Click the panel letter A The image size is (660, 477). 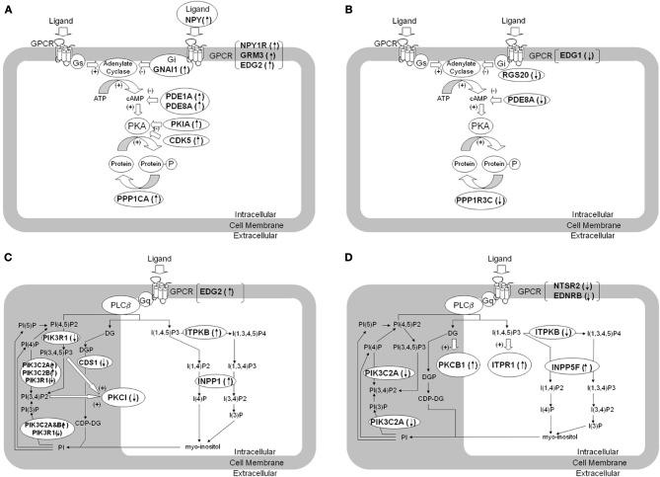pyautogui.click(x=7, y=8)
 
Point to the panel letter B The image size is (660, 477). pyautogui.click(x=337, y=8)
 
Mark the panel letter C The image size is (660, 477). pyautogui.click(x=7, y=245)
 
